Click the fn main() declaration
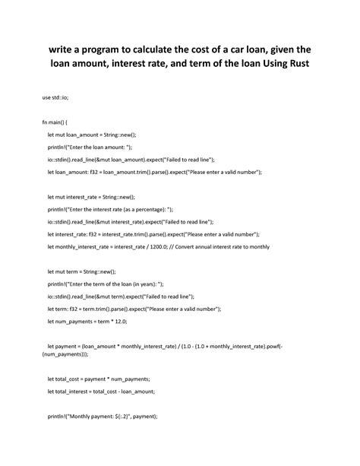[x=55, y=122]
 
